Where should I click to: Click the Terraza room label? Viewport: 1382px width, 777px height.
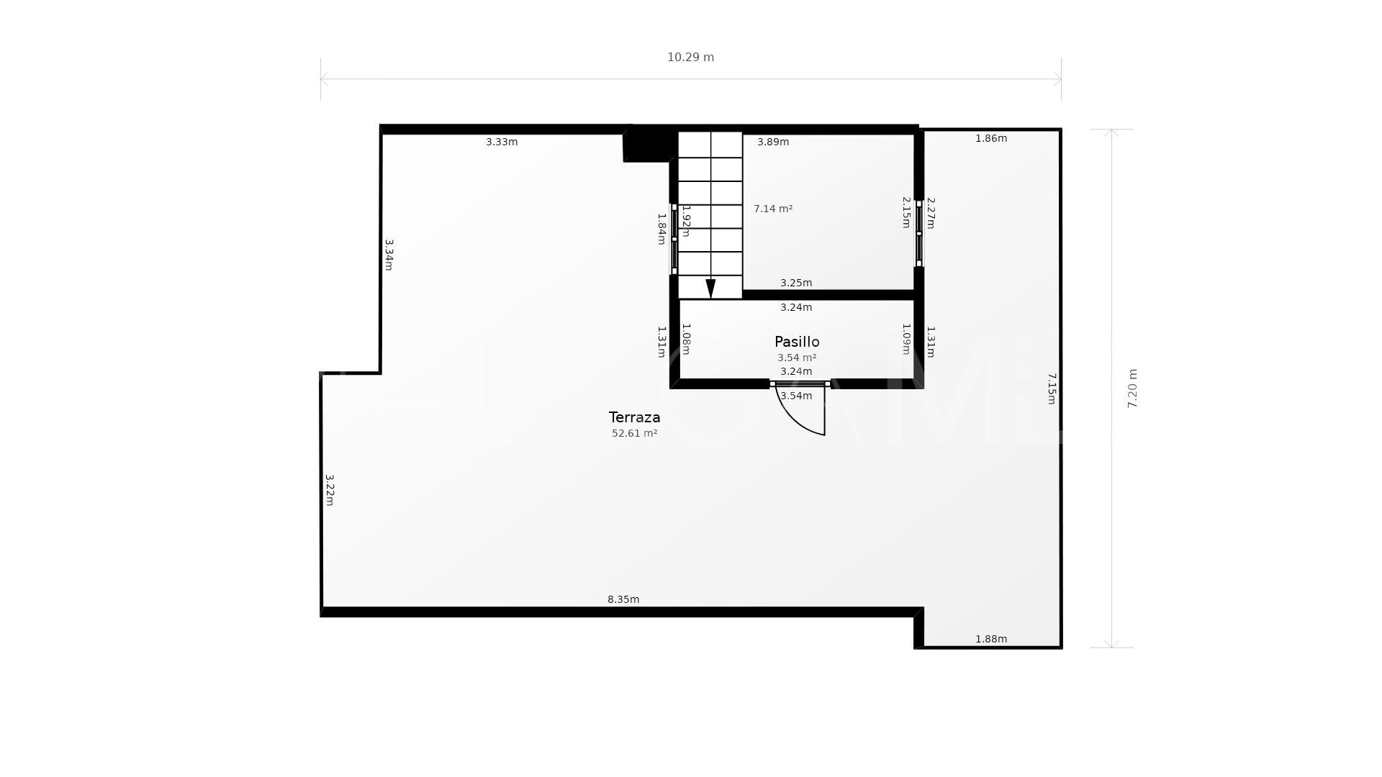(634, 417)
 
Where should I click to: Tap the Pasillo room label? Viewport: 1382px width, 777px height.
(797, 342)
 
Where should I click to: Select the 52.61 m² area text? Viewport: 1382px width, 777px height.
(634, 433)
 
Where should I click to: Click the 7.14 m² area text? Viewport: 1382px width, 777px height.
(773, 209)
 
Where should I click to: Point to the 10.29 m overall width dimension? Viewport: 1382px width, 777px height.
(690, 58)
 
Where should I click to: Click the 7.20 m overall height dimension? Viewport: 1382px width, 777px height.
(1132, 388)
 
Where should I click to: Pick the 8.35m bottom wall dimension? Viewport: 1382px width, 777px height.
(623, 599)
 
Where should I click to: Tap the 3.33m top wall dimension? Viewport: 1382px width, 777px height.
(502, 142)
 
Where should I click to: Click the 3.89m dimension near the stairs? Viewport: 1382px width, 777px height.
(773, 142)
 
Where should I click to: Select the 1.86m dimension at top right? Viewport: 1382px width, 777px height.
(991, 138)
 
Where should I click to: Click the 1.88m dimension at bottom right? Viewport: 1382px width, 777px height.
(991, 639)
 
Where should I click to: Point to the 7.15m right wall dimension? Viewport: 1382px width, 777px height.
(1052, 388)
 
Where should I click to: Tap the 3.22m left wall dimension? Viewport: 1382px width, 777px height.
(330, 489)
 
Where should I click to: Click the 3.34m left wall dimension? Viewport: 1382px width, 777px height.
(389, 255)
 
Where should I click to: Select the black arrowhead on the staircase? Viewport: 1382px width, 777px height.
(710, 288)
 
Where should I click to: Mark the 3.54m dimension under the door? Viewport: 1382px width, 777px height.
(796, 396)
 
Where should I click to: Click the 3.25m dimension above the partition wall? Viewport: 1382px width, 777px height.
(796, 283)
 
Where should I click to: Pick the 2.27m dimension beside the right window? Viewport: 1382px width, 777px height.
(931, 213)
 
